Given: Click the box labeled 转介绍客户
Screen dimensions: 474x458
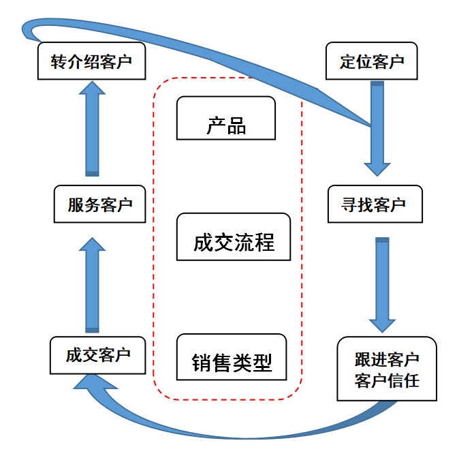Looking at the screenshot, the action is coord(91,61).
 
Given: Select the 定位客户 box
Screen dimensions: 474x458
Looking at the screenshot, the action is coord(372,61).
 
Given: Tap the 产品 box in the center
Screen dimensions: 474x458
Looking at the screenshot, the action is coord(226,118).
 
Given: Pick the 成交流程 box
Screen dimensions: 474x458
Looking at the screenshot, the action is coord(234,236).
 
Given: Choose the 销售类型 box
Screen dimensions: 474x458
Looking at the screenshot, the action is coord(232,357).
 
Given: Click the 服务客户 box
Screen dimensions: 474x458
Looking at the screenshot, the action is coord(99,204).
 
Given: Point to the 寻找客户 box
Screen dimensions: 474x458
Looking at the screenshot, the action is coord(375,204).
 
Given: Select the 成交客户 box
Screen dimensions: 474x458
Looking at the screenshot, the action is coord(97,355).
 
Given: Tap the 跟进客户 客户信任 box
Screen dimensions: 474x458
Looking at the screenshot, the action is coord(387,369).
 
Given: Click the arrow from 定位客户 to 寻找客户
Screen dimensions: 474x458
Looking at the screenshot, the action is coord(377,129).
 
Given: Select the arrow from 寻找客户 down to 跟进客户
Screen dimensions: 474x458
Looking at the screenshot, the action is coord(383,285).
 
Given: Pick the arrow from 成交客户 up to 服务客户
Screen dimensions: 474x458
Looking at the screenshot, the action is coord(92,285).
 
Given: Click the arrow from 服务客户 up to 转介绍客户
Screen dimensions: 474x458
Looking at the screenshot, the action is coord(92,129).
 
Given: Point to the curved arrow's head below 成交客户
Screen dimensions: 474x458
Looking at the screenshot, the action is coord(94,382).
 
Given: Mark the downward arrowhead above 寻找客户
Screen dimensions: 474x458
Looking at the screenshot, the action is coord(377,170).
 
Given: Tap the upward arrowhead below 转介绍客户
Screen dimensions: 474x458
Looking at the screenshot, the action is coord(92,88).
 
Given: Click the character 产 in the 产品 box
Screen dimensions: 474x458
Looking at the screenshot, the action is coord(216,125).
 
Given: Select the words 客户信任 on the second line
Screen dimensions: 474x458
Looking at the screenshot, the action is coord(387,380).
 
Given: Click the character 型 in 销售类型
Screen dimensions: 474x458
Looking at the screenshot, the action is coord(262,363).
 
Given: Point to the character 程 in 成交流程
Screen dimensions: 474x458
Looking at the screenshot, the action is coord(264,242).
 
